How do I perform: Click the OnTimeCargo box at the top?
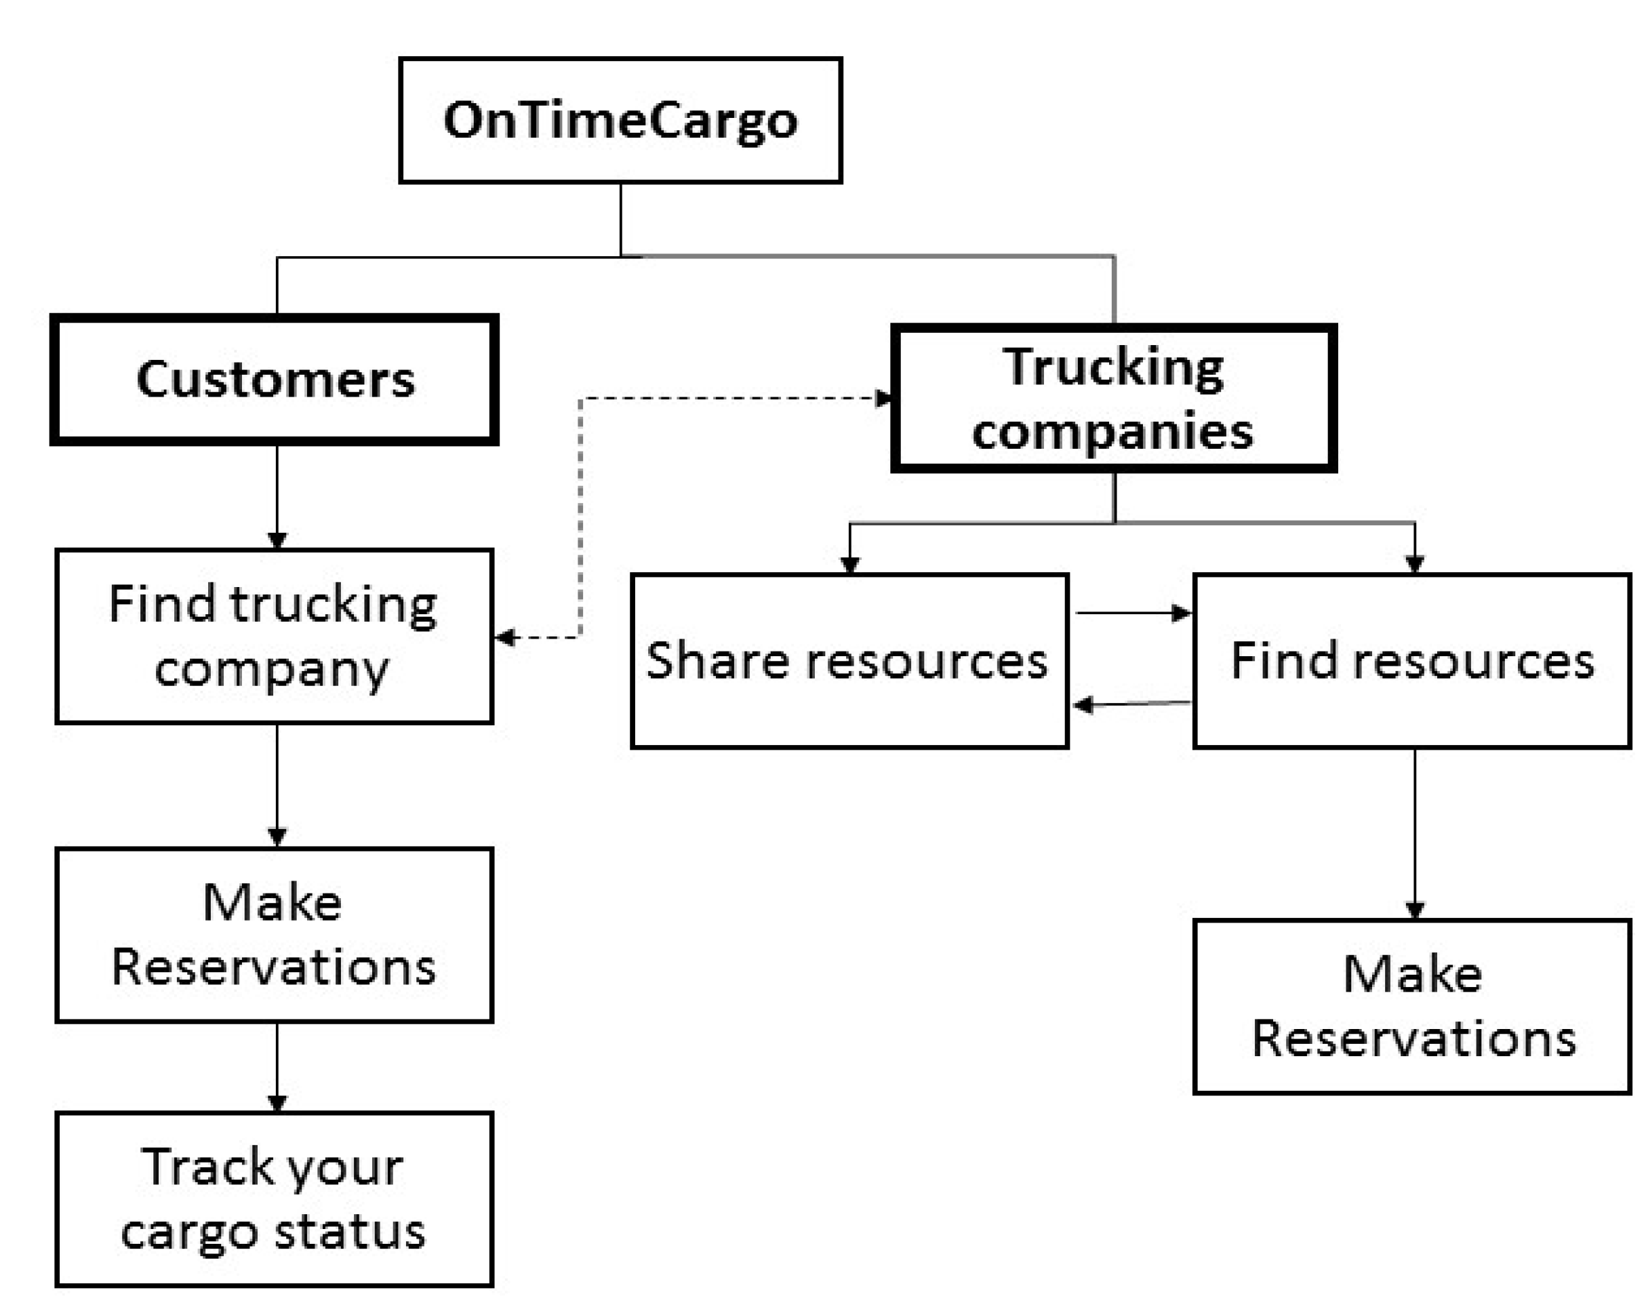(x=620, y=121)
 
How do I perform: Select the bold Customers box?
(x=275, y=380)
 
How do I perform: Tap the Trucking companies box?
(x=1113, y=399)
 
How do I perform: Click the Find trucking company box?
(x=274, y=636)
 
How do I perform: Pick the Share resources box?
(x=849, y=661)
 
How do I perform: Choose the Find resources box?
(x=1411, y=661)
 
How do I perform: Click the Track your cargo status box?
(x=274, y=1199)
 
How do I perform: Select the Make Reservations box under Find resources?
(x=1411, y=1007)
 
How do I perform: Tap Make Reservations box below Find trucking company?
(x=274, y=935)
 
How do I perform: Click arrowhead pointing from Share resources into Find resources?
(x=1181, y=613)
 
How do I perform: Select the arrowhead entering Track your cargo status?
(x=277, y=1104)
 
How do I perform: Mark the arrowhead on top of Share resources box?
(x=849, y=565)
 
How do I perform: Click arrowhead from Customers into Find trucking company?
(x=277, y=540)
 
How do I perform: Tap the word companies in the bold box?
(x=1112, y=432)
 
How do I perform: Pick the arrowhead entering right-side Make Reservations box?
(x=1415, y=910)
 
